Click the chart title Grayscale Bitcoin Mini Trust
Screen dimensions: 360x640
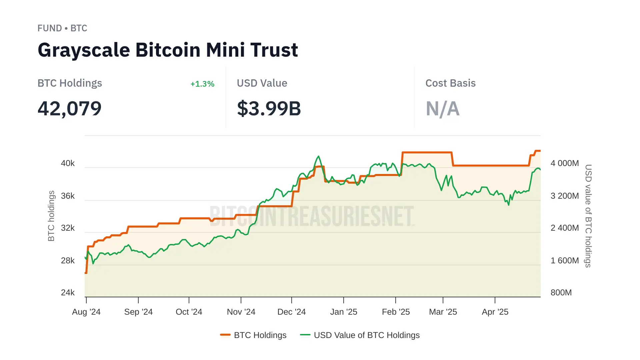point(168,50)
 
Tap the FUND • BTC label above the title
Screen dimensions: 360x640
point(62,28)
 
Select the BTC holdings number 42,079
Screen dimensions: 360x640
point(69,109)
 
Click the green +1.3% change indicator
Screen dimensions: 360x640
point(202,84)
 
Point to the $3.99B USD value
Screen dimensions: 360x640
point(269,109)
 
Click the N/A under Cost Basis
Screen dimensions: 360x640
point(442,109)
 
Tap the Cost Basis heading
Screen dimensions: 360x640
point(450,83)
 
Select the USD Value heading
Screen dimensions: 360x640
point(262,83)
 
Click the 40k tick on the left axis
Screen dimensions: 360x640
point(68,163)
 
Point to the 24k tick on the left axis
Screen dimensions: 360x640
point(68,293)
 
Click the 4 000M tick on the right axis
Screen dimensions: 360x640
point(564,163)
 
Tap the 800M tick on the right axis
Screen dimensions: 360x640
point(561,293)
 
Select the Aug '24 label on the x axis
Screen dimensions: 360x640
point(86,312)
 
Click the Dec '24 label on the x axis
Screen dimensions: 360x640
point(291,312)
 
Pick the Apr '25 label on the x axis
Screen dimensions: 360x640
point(495,312)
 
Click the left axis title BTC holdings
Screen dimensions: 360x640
point(51,216)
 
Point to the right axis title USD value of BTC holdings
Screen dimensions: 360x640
point(588,216)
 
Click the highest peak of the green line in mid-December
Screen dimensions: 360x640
point(319,156)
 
